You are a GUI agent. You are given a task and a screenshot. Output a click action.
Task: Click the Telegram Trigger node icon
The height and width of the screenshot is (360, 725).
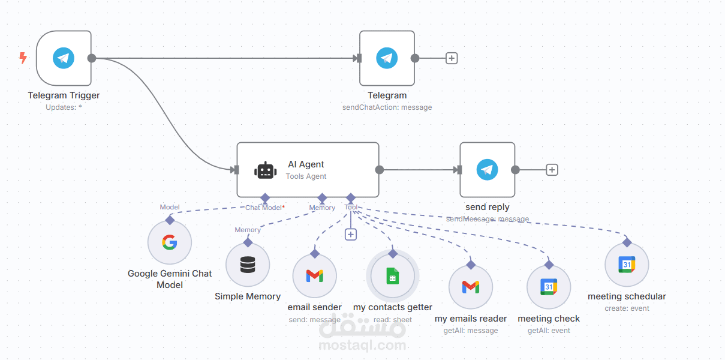pyautogui.click(x=64, y=58)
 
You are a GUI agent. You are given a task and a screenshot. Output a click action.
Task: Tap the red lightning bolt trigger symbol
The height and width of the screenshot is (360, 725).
pyautogui.click(x=23, y=58)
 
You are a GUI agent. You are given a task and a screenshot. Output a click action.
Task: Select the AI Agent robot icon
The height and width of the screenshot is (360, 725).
pyautogui.click(x=265, y=170)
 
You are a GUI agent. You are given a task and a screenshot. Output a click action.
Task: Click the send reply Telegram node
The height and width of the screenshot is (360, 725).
pyautogui.click(x=487, y=170)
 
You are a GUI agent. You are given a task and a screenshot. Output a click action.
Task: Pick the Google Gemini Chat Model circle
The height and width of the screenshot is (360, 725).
pyautogui.click(x=170, y=242)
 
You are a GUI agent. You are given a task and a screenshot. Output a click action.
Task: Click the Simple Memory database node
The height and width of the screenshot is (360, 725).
pyautogui.click(x=248, y=265)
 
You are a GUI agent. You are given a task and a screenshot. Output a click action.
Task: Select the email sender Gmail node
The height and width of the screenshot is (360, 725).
pyautogui.click(x=314, y=275)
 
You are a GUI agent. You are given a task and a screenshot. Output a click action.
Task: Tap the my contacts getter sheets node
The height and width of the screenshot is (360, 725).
pyautogui.click(x=392, y=277)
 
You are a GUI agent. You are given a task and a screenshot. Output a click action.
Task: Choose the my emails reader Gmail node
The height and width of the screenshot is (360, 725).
pyautogui.click(x=471, y=287)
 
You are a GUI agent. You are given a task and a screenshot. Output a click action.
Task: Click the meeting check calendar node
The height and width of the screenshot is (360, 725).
pyautogui.click(x=548, y=287)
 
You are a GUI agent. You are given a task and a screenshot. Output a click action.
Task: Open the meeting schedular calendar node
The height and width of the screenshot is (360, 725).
pyautogui.click(x=627, y=265)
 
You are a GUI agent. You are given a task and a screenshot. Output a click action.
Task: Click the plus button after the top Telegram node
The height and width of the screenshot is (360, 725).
pyautogui.click(x=452, y=58)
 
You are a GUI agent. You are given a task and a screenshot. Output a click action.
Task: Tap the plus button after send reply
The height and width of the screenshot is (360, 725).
pyautogui.click(x=552, y=170)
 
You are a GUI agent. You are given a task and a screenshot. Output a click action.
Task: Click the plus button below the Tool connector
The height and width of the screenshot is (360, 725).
pyautogui.click(x=351, y=234)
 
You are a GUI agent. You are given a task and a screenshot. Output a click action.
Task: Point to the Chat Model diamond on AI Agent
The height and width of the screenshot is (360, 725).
pyautogui.click(x=264, y=197)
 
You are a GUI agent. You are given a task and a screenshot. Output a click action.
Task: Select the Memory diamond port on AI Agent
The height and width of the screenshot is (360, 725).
pyautogui.click(x=322, y=197)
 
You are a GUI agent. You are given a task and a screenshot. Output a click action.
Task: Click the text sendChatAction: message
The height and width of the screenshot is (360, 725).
pyautogui.click(x=387, y=107)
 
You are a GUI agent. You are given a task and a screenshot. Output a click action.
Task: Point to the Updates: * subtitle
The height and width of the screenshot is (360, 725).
pyautogui.click(x=64, y=107)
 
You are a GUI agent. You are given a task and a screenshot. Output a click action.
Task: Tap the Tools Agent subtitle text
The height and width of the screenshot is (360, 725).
pyautogui.click(x=306, y=176)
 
